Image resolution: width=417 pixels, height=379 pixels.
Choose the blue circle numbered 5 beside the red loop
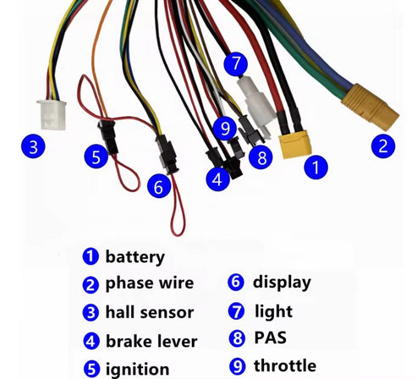coord(96,156)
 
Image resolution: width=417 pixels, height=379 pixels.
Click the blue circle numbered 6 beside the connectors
coord(158,186)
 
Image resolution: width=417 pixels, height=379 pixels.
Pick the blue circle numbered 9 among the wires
coord(223,128)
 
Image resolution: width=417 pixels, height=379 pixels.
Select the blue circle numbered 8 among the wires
coord(260,157)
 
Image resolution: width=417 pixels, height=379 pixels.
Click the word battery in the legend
coord(135,256)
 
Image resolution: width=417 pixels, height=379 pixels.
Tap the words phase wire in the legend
coord(150,283)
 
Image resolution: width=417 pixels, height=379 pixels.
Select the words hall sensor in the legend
coord(150,312)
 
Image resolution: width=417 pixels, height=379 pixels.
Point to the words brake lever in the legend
coord(151,341)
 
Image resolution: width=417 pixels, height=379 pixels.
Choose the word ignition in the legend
coord(138,369)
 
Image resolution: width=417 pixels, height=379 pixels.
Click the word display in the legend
coord(282,282)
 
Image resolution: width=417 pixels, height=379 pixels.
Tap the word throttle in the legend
coord(285,365)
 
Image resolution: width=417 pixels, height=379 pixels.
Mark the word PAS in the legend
coord(271,338)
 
